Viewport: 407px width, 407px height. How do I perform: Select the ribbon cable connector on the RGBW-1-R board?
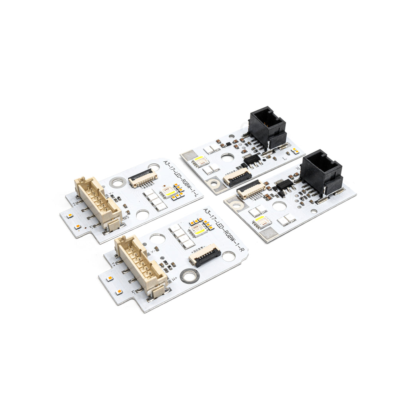(x=205, y=255)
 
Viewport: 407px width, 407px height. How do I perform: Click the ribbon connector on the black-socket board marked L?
(x=237, y=176)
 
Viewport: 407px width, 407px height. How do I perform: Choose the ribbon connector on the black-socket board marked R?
(x=251, y=189)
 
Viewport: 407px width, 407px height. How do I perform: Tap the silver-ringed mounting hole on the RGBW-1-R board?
(x=190, y=275)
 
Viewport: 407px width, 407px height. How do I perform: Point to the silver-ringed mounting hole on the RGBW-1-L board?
(x=118, y=183)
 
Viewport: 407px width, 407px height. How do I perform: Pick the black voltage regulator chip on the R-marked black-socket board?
(x=284, y=184)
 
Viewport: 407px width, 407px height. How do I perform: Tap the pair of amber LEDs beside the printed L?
(x=295, y=151)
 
